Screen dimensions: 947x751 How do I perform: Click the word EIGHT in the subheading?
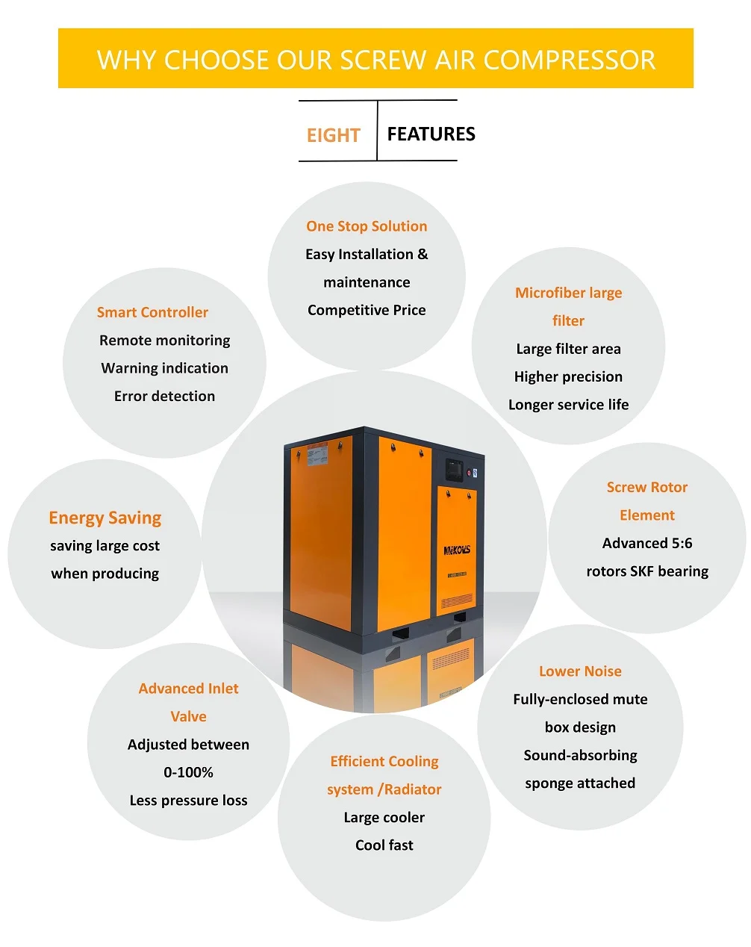tap(333, 135)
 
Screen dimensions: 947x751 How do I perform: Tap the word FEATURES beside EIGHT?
tap(431, 134)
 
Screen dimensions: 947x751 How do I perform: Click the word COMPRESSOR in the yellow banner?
tap(570, 60)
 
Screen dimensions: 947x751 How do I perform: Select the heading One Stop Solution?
tap(367, 226)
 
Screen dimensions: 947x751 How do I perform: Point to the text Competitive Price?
tap(367, 310)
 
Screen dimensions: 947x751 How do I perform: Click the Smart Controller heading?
tap(152, 312)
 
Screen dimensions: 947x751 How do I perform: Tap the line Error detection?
tap(164, 396)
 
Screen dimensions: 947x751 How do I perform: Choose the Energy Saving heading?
tap(105, 518)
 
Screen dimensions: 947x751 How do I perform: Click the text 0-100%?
tap(188, 772)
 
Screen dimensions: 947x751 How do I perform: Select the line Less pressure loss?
tap(188, 800)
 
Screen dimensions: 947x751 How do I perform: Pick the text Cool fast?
tap(384, 845)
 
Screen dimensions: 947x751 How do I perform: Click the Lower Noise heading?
tap(580, 671)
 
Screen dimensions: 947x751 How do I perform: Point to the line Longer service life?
tap(568, 404)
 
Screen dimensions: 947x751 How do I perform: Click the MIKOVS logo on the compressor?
tap(457, 550)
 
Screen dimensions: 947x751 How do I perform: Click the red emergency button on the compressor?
tap(470, 473)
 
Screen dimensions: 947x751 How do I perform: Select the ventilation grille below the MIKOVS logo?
tap(456, 600)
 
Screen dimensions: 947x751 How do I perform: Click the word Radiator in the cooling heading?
tap(413, 789)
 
